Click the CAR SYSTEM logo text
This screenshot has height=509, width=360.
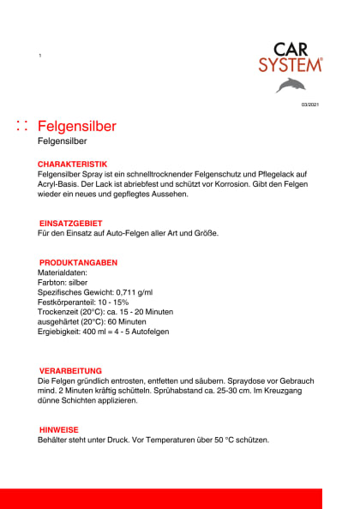291,57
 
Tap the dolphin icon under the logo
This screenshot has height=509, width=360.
291,86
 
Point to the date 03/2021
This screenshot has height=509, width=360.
309,105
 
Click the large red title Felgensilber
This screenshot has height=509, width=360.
77,127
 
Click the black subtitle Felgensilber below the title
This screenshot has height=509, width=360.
64,143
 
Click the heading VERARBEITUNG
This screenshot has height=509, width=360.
71,370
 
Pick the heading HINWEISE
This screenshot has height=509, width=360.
60,429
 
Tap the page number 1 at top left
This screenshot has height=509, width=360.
39,56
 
